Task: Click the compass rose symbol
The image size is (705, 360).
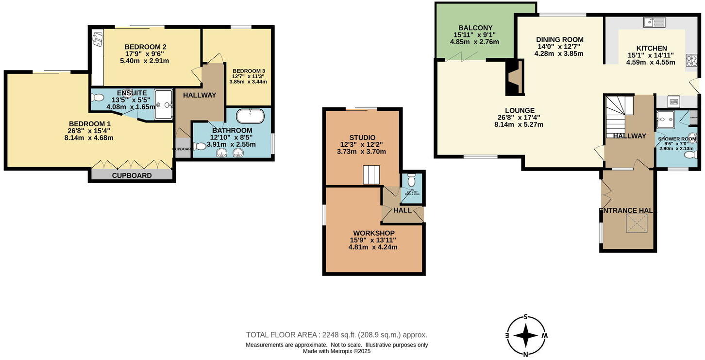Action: (525, 336)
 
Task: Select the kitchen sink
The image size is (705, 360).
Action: (654, 22)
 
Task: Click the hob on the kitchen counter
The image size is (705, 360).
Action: (691, 60)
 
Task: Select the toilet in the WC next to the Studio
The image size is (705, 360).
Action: (412, 181)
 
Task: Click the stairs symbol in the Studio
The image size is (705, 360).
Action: (371, 175)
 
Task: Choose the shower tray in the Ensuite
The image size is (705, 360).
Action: (163, 104)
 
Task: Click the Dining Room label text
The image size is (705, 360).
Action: (559, 40)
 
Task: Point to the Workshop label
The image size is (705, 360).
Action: (373, 233)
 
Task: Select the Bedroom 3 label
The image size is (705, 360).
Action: (248, 71)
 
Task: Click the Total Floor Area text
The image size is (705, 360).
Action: (336, 335)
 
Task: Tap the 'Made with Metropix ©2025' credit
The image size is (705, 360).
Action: (336, 351)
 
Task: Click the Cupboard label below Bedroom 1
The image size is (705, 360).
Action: (132, 175)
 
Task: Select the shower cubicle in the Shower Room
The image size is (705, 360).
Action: (665, 119)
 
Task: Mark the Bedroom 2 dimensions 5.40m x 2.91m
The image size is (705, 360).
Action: (145, 61)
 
